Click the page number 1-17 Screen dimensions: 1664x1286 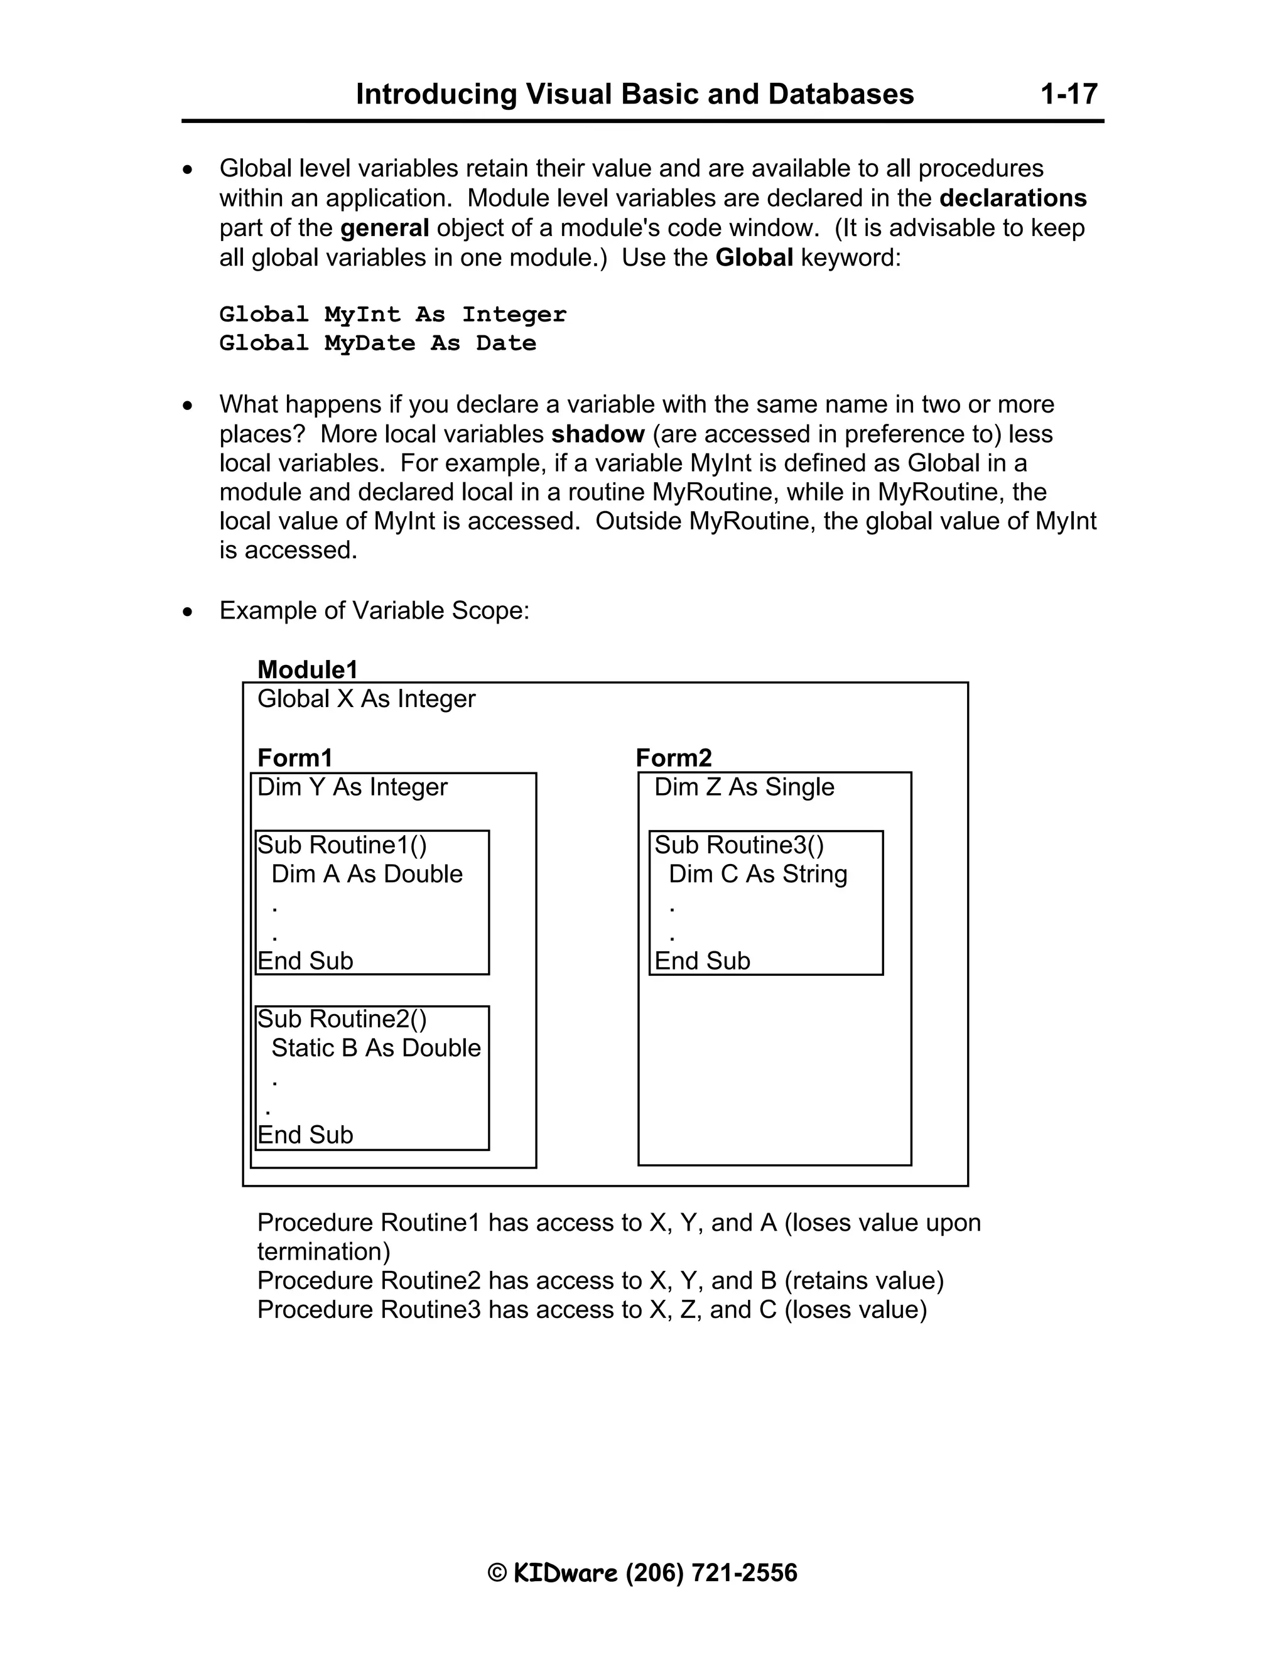(1068, 94)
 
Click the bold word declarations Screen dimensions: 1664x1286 (1012, 198)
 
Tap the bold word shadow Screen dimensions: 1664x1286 (597, 435)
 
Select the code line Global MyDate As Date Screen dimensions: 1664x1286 (377, 343)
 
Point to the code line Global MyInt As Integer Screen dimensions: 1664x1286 (392, 314)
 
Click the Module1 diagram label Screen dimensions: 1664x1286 (307, 670)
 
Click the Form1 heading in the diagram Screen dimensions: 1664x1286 (295, 758)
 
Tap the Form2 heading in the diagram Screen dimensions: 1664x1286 (674, 758)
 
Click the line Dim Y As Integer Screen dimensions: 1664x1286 (352, 787)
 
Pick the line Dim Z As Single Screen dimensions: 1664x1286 (743, 787)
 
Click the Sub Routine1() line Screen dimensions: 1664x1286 (342, 845)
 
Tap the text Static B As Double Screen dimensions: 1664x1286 (376, 1049)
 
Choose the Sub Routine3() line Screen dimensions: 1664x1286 (738, 845)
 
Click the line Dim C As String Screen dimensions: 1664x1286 (757, 874)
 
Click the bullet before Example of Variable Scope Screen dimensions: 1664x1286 (187, 612)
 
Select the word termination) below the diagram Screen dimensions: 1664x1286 (323, 1252)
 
